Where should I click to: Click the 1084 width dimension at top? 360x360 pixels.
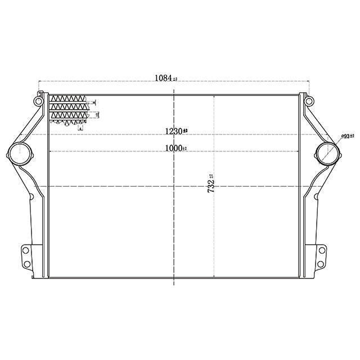tap(163, 79)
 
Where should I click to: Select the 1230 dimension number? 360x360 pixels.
tap(173, 132)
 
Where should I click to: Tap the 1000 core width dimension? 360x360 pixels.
tap(173, 148)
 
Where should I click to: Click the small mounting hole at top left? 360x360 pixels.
tap(38, 101)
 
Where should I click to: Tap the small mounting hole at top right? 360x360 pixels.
tap(308, 101)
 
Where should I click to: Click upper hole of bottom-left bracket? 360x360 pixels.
tap(26, 249)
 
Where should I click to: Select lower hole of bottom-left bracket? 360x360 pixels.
tap(26, 264)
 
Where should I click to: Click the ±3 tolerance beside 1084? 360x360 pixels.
tap(175, 79)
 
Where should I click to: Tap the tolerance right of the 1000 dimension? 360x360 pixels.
tap(185, 148)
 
